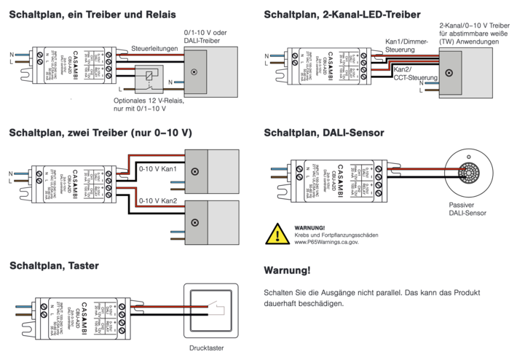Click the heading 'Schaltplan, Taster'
point(54,266)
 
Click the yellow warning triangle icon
point(277,234)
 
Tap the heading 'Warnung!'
point(287,271)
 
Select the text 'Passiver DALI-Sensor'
point(467,210)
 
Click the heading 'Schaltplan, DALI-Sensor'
point(324,133)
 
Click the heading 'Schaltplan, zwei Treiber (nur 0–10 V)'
point(100,133)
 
